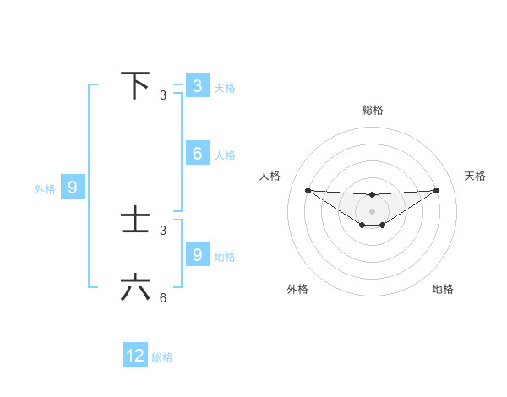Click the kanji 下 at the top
pos(135,86)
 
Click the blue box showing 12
pos(135,356)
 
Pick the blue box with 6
pos(197,154)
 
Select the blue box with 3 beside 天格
pos(197,86)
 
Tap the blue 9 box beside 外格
pos(73,188)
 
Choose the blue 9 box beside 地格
pos(197,255)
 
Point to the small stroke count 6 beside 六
pos(163,298)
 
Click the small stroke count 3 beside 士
pos(163,230)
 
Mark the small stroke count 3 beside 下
pos(163,95)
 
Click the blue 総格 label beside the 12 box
pos(162,357)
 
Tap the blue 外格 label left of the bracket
pos(45,189)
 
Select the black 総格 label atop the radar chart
pos(372,110)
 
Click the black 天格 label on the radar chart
pos(475,176)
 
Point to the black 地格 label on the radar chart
pos(443,289)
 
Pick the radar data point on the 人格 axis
pos(308,190)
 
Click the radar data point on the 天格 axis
pos(436,190)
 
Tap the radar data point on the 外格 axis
pos(362,225)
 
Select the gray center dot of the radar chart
pos(372,210)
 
